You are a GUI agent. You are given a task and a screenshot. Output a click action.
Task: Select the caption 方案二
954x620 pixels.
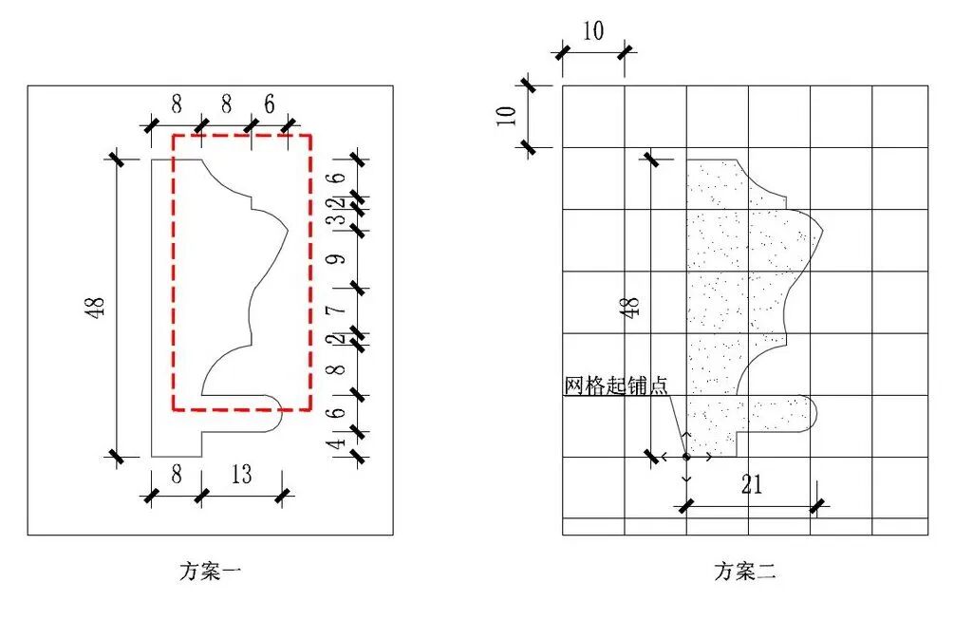745,572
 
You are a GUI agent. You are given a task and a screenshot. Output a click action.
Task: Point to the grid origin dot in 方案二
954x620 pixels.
686,457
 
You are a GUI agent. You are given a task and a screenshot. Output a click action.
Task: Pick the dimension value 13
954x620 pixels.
241,474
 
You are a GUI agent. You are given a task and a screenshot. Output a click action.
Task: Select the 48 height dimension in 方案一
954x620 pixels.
100,307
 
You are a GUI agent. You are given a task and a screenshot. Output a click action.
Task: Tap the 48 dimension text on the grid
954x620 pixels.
633,307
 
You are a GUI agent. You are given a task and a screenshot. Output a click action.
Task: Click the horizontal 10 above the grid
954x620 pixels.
592,31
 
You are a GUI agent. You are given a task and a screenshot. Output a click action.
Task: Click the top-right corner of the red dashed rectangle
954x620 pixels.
310,136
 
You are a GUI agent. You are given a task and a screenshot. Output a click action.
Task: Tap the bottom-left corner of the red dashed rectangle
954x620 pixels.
173,410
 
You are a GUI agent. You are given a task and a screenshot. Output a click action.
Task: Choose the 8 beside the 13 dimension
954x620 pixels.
176,474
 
